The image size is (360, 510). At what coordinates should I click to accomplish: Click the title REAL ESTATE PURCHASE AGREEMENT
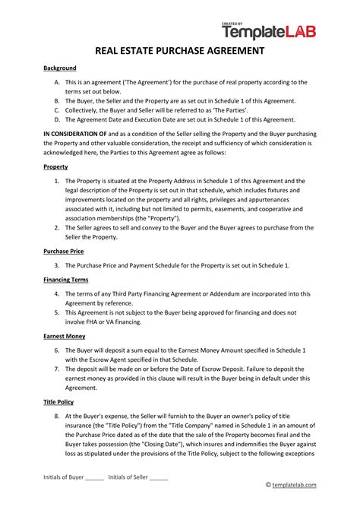click(179, 52)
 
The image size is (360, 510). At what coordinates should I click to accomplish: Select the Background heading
click(60, 68)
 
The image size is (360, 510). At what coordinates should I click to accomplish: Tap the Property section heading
click(56, 166)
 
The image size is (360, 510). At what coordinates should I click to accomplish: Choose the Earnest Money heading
click(65, 335)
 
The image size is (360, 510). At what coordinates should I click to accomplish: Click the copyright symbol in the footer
click(268, 484)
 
